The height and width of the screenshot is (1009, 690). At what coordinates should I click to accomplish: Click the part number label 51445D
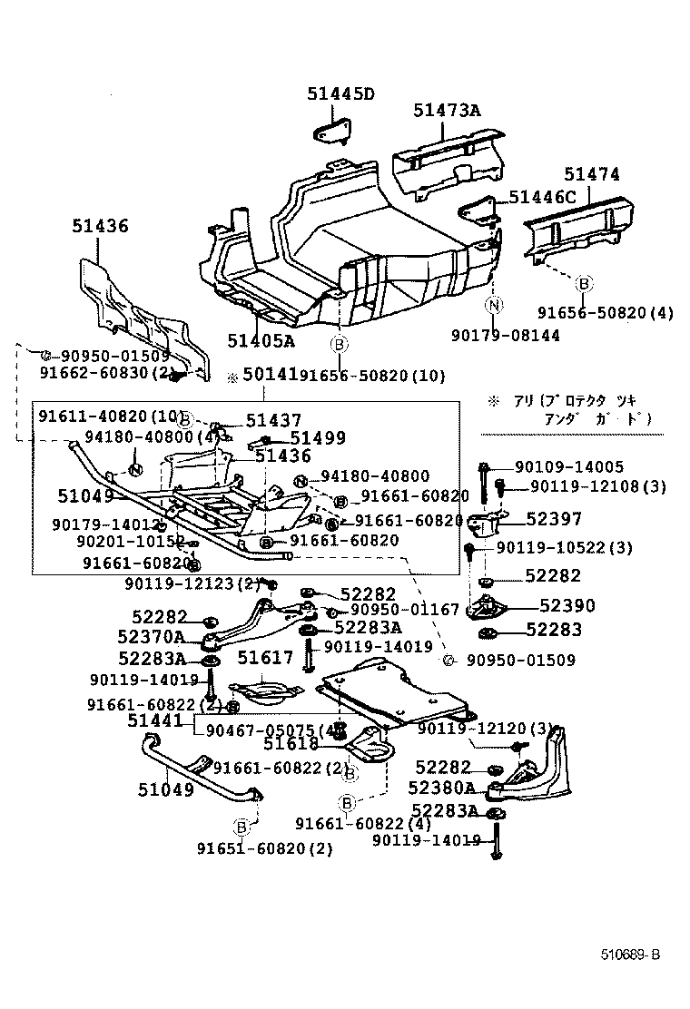coord(340,93)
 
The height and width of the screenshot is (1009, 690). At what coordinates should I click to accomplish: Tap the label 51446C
coord(542,197)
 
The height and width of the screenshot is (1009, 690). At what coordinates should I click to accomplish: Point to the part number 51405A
coord(261,340)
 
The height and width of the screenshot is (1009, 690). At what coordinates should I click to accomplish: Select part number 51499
coord(318,437)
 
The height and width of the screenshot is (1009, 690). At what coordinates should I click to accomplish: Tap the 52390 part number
coord(566,605)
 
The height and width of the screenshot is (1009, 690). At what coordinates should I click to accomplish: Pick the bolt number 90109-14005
coord(568,467)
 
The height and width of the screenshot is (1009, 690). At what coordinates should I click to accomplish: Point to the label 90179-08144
coord(505,336)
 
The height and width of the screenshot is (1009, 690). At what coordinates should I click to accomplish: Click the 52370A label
coord(151,637)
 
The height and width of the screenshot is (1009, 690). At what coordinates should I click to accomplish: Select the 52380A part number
coord(444,788)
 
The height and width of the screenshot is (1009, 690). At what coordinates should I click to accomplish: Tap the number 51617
coord(266,657)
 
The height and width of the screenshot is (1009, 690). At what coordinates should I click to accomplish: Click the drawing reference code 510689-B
coord(629,955)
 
